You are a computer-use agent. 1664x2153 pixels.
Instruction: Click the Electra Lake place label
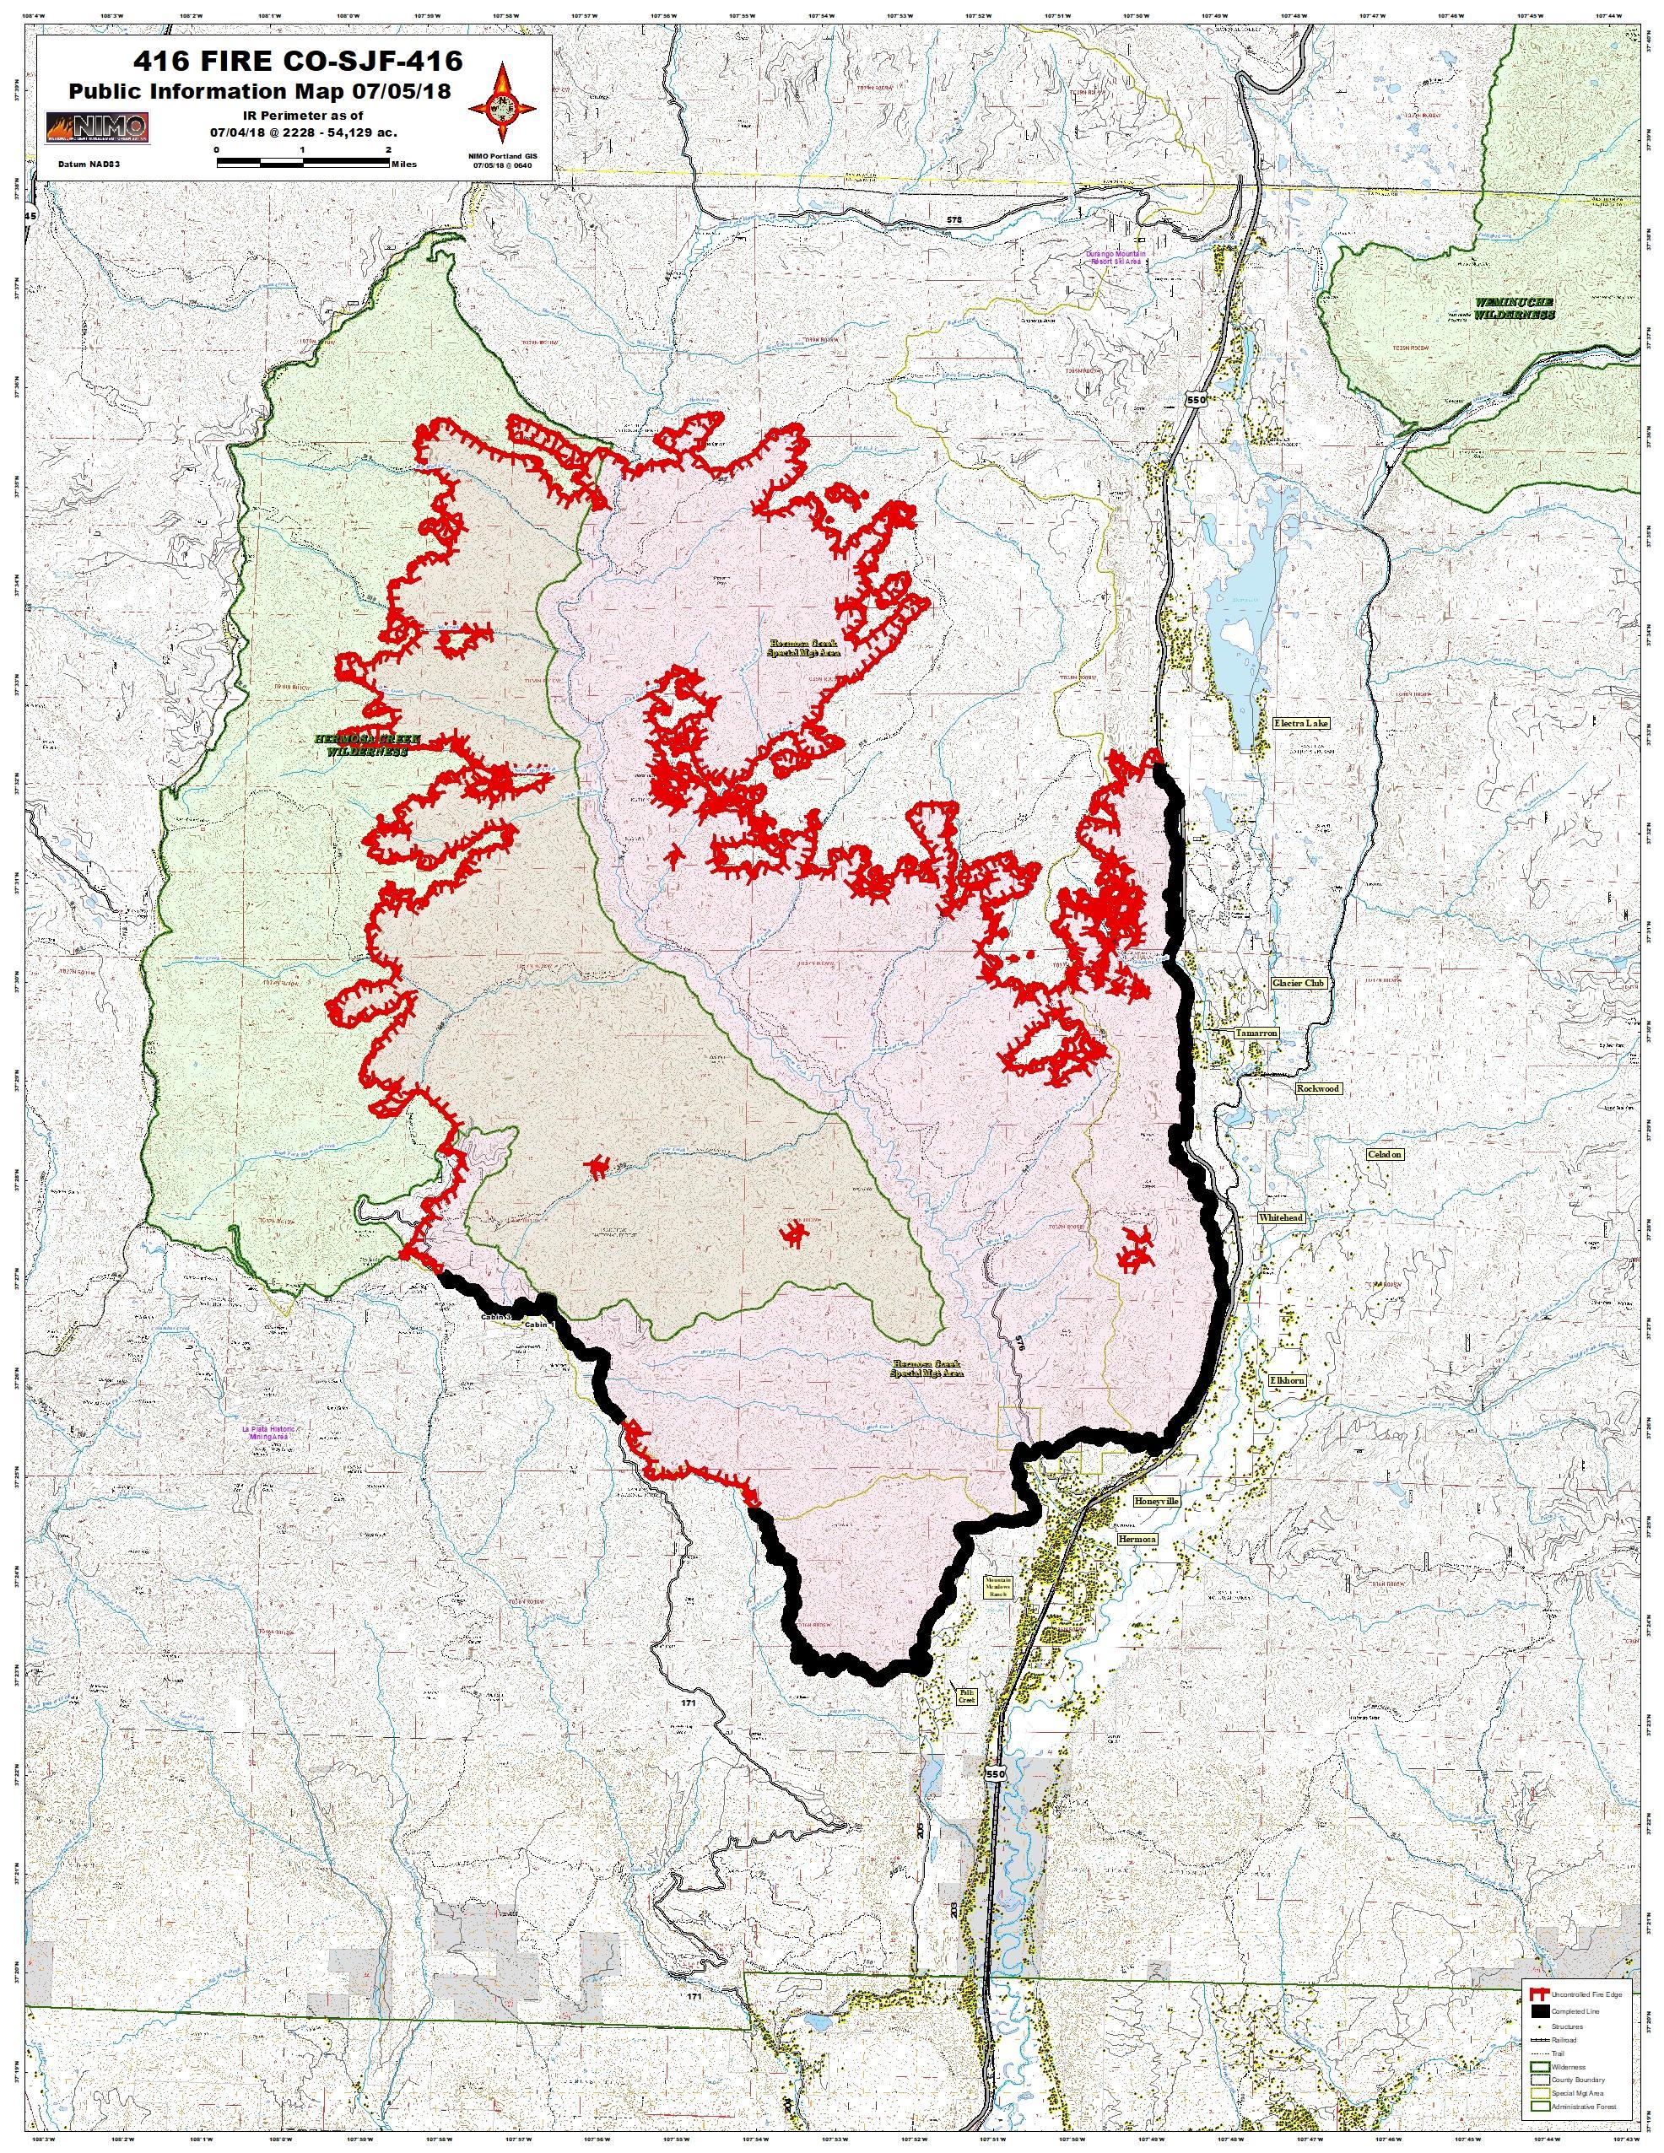tap(1301, 723)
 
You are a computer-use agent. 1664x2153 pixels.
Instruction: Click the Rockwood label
tap(1318, 1088)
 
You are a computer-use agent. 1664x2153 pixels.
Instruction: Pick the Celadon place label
tap(1384, 1153)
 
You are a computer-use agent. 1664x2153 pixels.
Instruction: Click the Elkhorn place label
tap(1287, 1380)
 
